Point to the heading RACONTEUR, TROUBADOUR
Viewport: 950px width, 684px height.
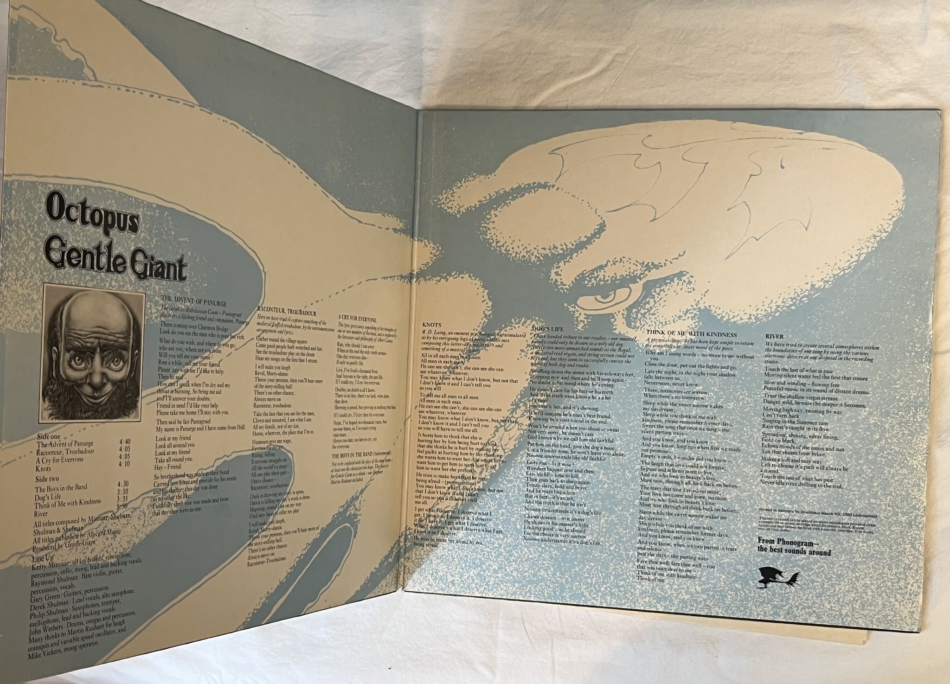click(287, 308)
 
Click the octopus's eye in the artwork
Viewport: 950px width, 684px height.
click(603, 295)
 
